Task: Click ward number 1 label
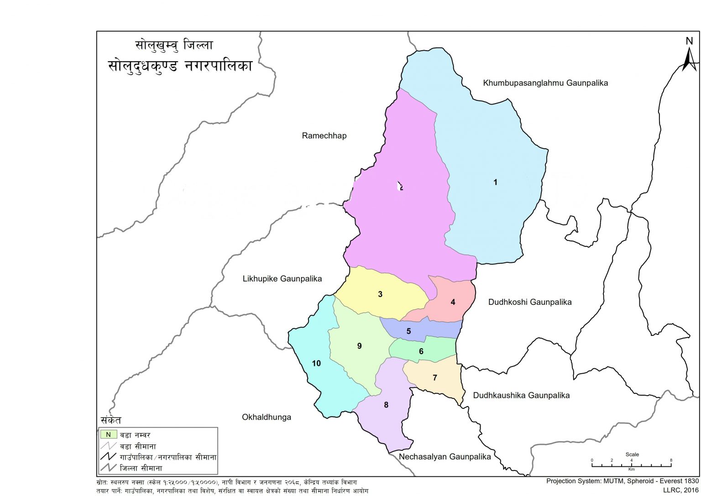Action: [495, 183]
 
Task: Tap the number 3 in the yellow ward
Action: [380, 294]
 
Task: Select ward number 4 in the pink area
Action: [453, 302]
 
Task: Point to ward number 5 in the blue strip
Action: [408, 331]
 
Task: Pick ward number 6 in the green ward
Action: [421, 351]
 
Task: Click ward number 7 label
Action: [434, 378]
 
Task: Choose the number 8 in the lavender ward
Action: [386, 405]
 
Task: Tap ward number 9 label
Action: [359, 346]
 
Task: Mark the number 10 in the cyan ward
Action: [316, 364]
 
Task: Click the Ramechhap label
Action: [324, 136]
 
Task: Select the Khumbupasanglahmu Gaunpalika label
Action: [545, 83]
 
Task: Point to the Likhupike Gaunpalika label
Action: [282, 279]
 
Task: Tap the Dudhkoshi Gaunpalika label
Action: [529, 302]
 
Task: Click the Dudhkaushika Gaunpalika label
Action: [521, 396]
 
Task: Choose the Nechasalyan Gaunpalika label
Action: [445, 457]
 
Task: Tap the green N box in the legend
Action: [108, 435]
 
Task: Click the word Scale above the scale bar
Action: [632, 454]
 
